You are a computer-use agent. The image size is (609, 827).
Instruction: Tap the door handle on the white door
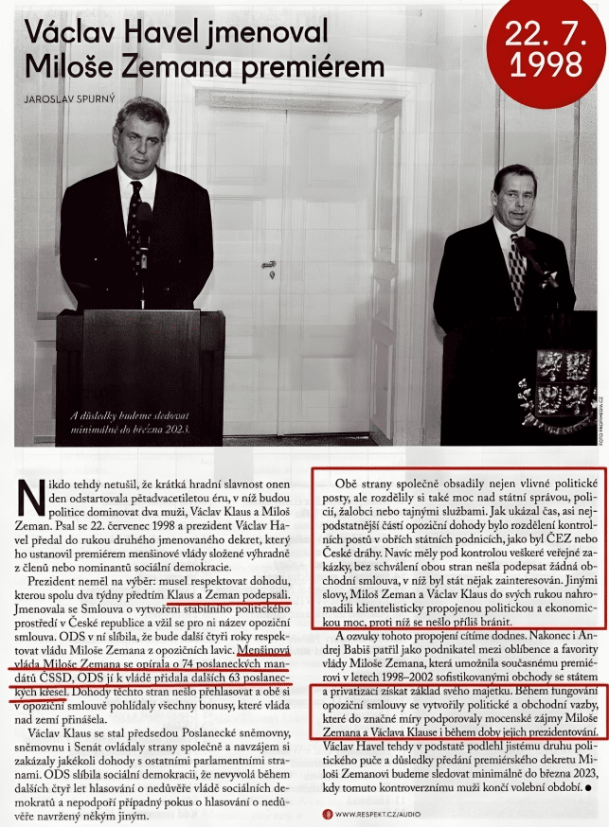point(269,264)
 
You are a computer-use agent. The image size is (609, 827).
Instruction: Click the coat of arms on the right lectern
point(550,378)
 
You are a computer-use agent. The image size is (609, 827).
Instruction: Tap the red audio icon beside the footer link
point(326,813)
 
